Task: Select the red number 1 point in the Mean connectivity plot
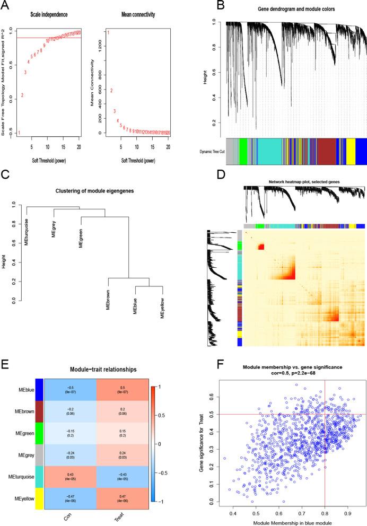[109, 33]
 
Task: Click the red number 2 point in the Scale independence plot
[22, 95]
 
